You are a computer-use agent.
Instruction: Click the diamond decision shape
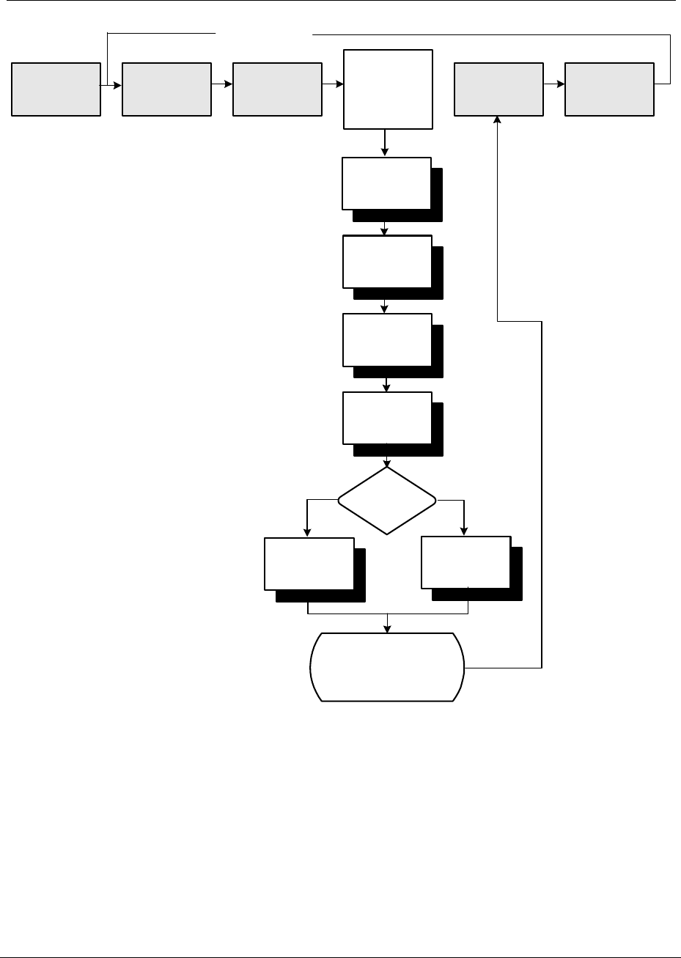pos(387,501)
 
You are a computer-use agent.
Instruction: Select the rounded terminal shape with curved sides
pos(387,667)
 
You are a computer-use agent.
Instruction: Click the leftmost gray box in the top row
pos(56,89)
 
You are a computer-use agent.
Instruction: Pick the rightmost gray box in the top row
pos(609,89)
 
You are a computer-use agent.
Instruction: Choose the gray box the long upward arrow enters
pos(498,89)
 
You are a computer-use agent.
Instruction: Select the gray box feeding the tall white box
pos(277,89)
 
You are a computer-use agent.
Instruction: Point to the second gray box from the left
pos(166,89)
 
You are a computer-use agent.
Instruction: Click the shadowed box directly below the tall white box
pos(386,183)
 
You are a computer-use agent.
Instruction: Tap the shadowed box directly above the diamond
pos(386,418)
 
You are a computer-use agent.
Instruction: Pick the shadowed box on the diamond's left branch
pos(309,564)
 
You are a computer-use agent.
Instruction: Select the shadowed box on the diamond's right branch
pos(465,562)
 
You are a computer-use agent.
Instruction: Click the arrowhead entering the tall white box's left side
pos(340,84)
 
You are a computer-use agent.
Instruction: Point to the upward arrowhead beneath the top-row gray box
pos(498,120)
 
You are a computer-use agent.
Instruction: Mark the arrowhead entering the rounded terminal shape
pos(388,628)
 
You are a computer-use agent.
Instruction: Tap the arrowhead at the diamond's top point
pos(387,463)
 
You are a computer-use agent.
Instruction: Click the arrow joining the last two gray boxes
pos(555,84)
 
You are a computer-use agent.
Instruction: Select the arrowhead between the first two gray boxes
pos(117,84)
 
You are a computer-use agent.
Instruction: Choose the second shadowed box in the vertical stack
pos(386,262)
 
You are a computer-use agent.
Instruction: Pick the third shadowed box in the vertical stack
pos(386,339)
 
